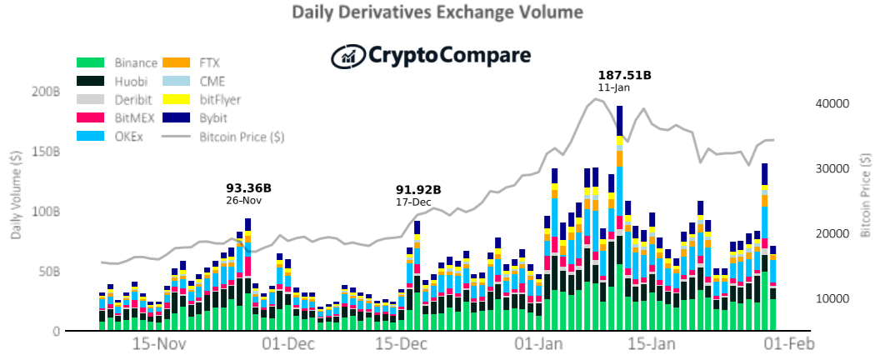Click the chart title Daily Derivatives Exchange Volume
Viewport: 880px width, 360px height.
click(438, 12)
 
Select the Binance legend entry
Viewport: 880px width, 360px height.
click(117, 62)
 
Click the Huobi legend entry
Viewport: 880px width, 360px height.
click(112, 82)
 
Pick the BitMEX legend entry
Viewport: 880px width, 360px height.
click(116, 118)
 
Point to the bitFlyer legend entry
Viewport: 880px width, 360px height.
click(202, 100)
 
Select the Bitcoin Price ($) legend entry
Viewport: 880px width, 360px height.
click(222, 137)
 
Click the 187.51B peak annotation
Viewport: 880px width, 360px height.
click(625, 75)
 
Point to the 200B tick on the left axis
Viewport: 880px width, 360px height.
click(47, 92)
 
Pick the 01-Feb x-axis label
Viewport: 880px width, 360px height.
click(789, 343)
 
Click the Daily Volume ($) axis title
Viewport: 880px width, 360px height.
click(17, 195)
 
